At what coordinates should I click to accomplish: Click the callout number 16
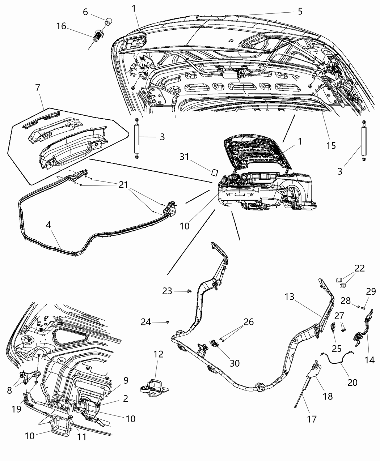coord(61,26)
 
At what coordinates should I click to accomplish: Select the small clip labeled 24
coord(168,321)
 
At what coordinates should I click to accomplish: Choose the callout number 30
coord(235,363)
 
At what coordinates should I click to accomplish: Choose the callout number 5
coord(300,11)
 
